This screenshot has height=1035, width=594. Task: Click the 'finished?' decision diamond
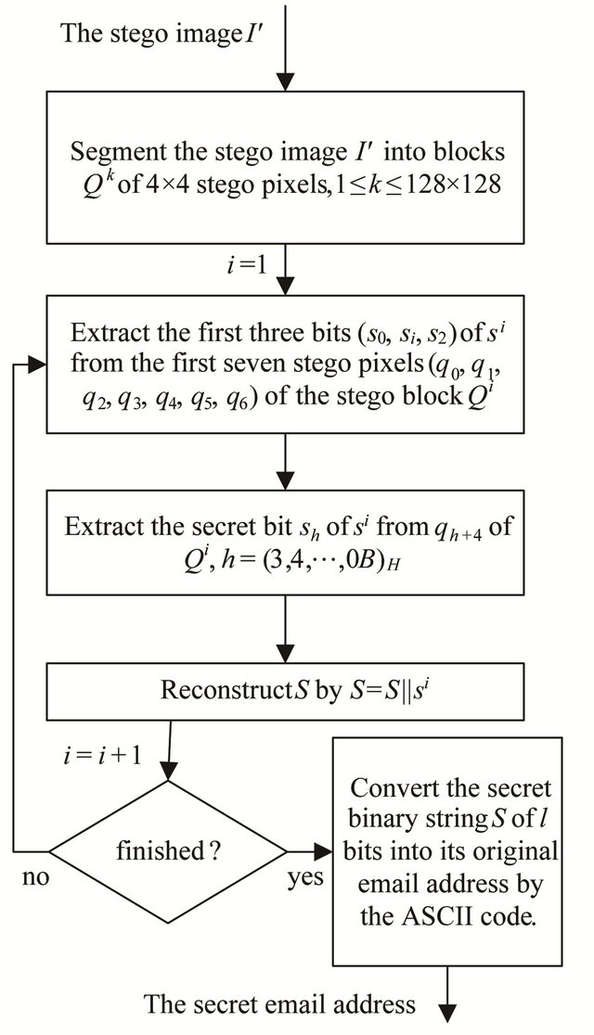pos(164,848)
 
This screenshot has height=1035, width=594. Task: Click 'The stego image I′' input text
pos(148,33)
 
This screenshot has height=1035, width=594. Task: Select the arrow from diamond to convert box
pos(305,848)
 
